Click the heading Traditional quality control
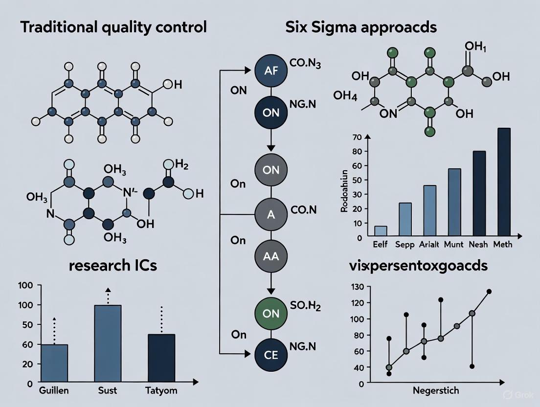tap(113, 27)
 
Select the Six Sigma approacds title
tap(361, 27)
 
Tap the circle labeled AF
tap(271, 70)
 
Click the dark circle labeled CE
tap(271, 355)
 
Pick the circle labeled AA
tap(271, 256)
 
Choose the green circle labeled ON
tap(271, 314)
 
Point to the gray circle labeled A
tap(271, 213)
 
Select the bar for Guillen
tap(54, 363)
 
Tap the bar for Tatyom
tap(161, 358)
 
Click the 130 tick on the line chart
tap(359, 287)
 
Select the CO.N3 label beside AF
tap(305, 64)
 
